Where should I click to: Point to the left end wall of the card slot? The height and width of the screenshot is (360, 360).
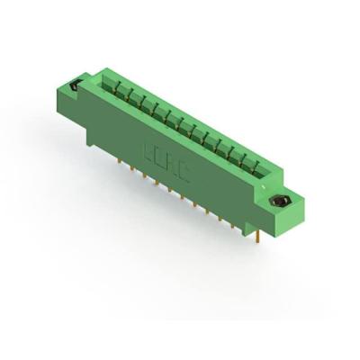point(104,79)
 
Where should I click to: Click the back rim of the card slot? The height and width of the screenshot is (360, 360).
point(189,116)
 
